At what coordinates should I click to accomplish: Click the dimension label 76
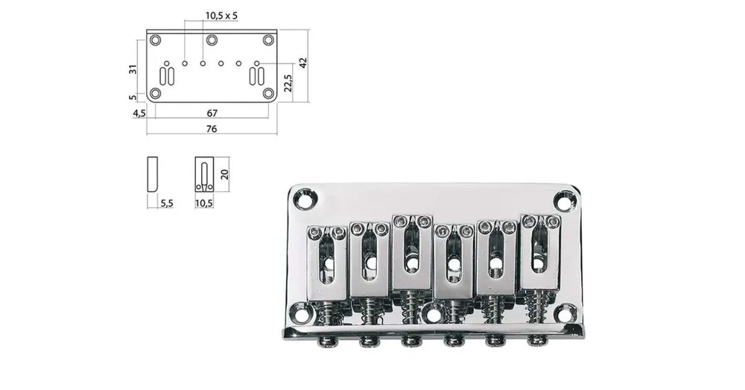212,128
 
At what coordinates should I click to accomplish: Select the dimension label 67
212,113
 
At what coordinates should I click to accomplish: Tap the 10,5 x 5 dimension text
221,16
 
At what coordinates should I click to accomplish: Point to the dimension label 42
303,63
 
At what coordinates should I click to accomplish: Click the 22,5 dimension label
288,83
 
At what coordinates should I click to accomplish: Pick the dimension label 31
133,69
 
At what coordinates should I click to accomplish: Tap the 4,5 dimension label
139,113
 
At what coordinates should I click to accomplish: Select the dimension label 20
224,174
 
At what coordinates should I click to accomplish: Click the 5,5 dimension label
167,204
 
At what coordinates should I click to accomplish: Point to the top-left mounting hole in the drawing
156,40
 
